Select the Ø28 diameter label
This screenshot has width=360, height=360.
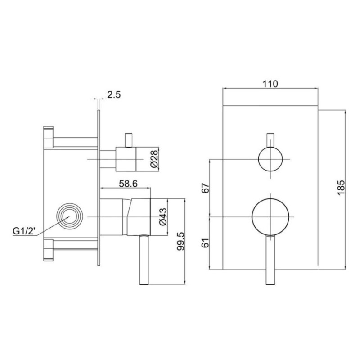tap(154, 159)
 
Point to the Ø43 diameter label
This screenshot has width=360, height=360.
tap(163, 217)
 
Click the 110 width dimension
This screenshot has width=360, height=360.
tap(270, 84)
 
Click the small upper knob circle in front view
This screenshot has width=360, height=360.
tap(270, 159)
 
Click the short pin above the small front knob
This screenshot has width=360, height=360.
tap(270, 139)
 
